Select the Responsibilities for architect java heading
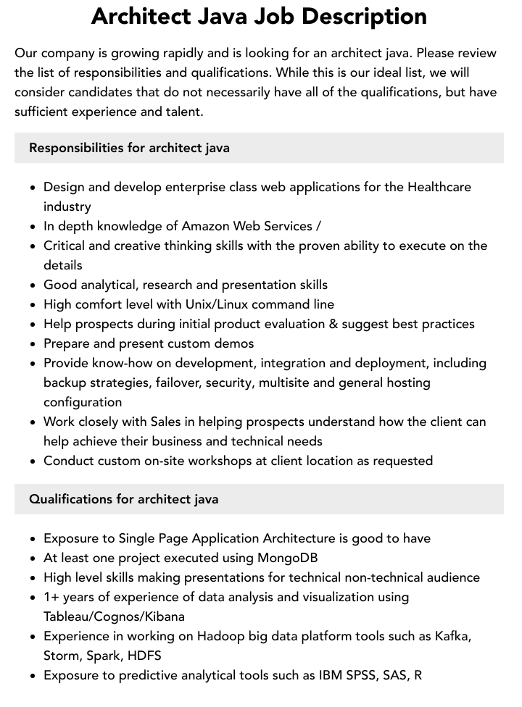(129, 148)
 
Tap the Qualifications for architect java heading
(123, 499)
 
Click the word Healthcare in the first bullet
(439, 187)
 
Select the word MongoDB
(288, 558)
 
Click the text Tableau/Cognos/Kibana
(114, 616)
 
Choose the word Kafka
(452, 636)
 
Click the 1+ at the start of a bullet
(51, 597)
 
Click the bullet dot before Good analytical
(33, 285)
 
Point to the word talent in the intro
(182, 112)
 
